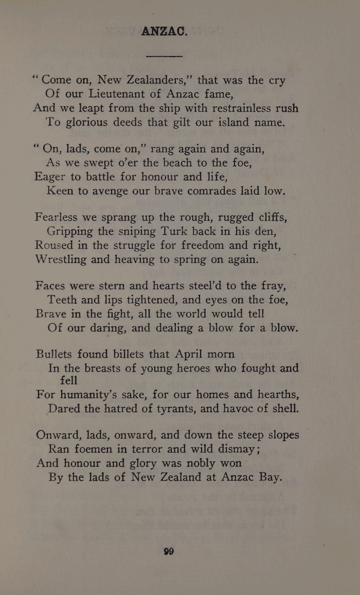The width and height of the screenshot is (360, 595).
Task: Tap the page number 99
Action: point(169,551)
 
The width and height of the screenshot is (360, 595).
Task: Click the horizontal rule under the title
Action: point(165,55)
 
